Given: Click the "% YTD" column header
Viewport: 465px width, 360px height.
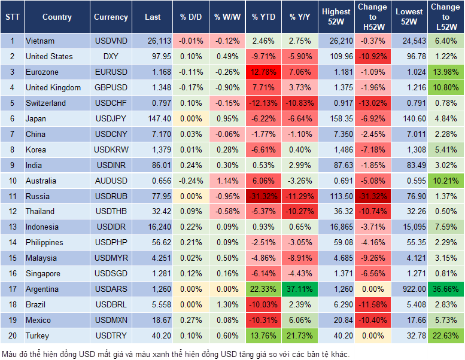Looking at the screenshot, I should [x=263, y=17].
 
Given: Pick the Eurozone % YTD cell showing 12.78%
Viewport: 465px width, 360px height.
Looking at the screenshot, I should [x=263, y=72].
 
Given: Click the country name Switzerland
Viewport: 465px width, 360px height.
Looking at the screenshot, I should [x=45, y=103].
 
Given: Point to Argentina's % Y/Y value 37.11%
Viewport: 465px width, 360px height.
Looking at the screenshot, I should [x=300, y=289].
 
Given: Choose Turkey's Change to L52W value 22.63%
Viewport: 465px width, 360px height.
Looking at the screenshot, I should [x=446, y=335].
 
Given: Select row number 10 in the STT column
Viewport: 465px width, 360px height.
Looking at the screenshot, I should [x=12, y=181].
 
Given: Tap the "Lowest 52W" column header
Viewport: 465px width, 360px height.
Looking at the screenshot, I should [x=410, y=17].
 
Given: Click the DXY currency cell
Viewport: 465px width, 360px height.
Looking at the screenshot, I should [x=111, y=56].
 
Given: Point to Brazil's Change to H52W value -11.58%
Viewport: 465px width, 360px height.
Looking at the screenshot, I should [x=373, y=304].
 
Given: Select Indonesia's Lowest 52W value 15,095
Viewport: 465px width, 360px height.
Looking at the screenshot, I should [x=411, y=227].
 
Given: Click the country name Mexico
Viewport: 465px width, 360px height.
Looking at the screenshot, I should [x=38, y=320].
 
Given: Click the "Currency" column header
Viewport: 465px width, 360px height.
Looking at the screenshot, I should [x=111, y=17].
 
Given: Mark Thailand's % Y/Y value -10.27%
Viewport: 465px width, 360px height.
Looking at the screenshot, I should [x=300, y=211].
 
